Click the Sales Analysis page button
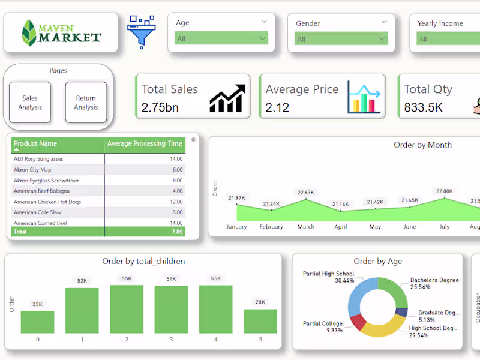30,103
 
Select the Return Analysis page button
86,103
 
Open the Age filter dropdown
221,38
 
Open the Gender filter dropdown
341,39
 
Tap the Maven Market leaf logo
29,32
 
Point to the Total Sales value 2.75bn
160,108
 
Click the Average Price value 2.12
277,108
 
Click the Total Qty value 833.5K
423,108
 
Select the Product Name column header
36,144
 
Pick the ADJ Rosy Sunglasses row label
38,159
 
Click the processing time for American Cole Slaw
177,212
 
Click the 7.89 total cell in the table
176,232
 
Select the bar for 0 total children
37,322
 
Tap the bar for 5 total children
260,321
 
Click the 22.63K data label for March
305,193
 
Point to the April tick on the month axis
341,227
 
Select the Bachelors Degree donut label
434,280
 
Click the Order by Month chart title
422,145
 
